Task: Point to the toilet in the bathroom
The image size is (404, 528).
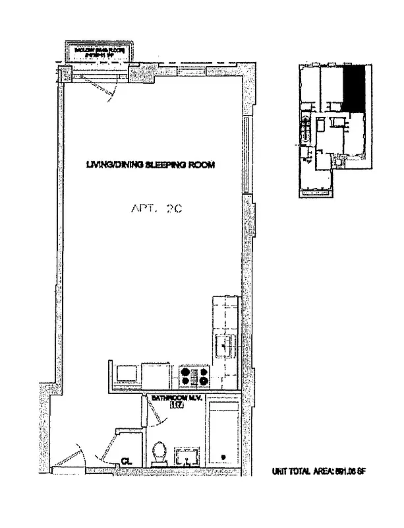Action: tap(158, 454)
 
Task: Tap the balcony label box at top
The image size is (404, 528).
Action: tap(100, 51)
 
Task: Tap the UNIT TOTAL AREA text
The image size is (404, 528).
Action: tap(318, 471)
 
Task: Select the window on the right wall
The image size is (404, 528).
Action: tap(246, 155)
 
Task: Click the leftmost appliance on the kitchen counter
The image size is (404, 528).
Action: tap(125, 374)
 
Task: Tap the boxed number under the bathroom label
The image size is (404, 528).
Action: tap(176, 407)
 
